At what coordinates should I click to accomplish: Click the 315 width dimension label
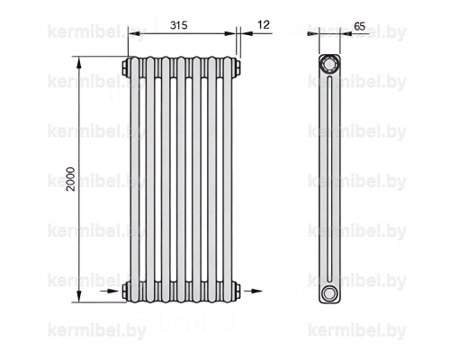point(178,25)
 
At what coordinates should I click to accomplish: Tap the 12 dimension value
point(264,24)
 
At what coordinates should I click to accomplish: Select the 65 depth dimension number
point(360,26)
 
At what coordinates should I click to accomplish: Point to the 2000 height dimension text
point(71,179)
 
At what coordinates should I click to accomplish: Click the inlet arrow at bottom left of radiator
point(109,291)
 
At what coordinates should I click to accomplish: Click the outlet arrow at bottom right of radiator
point(253,291)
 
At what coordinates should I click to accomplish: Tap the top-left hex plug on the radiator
point(124,67)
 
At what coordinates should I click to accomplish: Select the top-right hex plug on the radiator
point(238,67)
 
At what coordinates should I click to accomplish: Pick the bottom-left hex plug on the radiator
point(124,291)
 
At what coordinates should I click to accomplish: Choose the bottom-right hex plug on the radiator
point(238,291)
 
